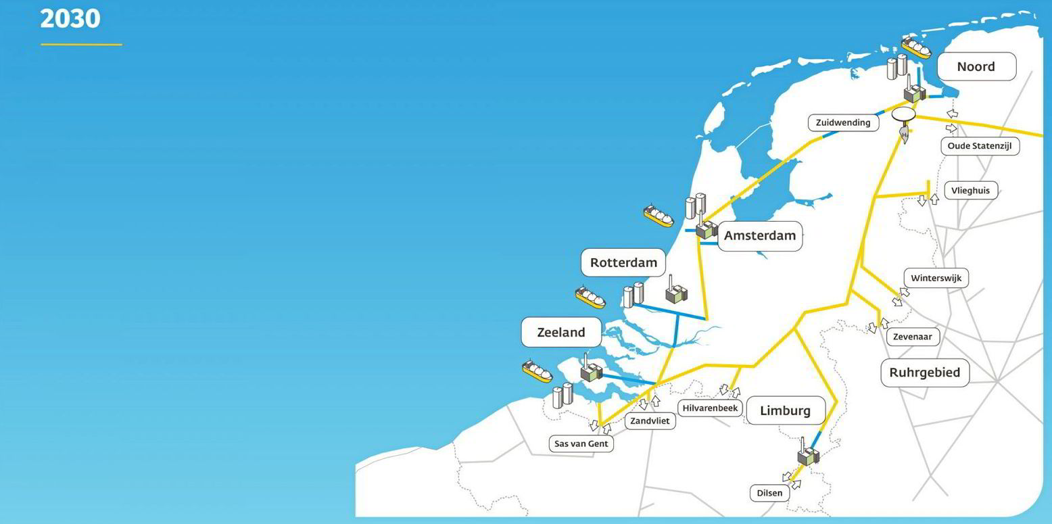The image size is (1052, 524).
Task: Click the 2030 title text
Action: click(x=70, y=18)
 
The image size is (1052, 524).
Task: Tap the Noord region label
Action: click(x=976, y=66)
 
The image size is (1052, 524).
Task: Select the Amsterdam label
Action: click(x=759, y=236)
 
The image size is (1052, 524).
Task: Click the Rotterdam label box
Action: click(x=623, y=262)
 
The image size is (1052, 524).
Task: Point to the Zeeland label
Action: click(x=560, y=332)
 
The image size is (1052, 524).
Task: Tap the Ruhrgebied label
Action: click(x=924, y=373)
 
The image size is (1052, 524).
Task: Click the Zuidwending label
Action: click(x=843, y=122)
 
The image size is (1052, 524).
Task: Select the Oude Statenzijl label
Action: click(x=980, y=145)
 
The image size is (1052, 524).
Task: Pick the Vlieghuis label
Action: click(x=970, y=191)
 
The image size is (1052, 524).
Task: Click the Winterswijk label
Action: click(x=936, y=278)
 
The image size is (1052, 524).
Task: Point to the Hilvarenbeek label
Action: click(x=711, y=408)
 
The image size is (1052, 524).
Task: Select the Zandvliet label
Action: click(x=649, y=421)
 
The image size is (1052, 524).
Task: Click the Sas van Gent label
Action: click(x=581, y=444)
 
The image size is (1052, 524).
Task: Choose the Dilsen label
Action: click(x=769, y=493)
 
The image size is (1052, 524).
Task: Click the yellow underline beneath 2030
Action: click(x=81, y=45)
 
